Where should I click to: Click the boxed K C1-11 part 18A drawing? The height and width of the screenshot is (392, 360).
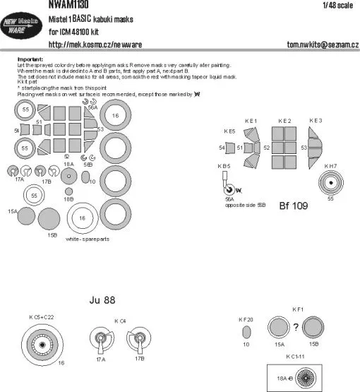click(300, 377)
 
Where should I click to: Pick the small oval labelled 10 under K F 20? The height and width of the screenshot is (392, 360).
click(246, 332)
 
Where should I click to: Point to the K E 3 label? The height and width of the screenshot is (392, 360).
click(316, 121)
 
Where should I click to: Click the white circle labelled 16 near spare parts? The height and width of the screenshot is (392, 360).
click(82, 219)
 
